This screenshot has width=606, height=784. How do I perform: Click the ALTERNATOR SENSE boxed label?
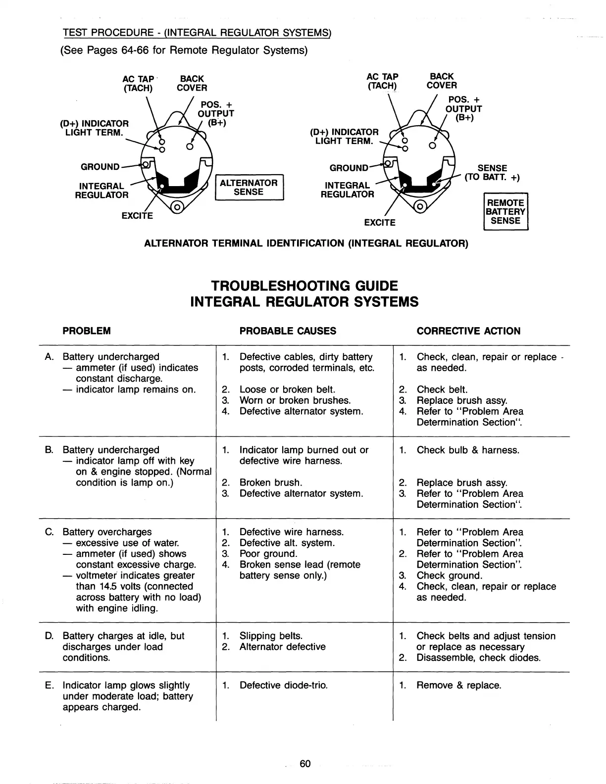249,188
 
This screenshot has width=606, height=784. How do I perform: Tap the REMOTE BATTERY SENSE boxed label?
505,212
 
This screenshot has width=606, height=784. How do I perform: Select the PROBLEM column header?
87,331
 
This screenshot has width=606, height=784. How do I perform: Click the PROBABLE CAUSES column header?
288,331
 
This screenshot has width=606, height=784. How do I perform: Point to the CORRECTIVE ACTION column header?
468,331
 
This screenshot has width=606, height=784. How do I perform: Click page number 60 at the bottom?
305,764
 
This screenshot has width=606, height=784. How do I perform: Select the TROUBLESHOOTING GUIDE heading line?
304,286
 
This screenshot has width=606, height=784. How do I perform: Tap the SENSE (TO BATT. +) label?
492,173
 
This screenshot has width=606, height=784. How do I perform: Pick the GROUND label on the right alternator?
349,168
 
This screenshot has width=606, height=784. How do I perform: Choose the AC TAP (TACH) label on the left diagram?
138,84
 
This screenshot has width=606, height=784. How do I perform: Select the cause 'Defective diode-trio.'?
283,686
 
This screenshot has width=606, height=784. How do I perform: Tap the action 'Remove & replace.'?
459,686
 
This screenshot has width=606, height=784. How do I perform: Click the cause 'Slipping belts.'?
271,636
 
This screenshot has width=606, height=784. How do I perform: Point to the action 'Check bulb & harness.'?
468,450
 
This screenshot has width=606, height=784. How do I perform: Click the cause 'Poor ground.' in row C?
268,554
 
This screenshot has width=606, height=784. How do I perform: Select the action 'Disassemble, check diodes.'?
478,658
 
